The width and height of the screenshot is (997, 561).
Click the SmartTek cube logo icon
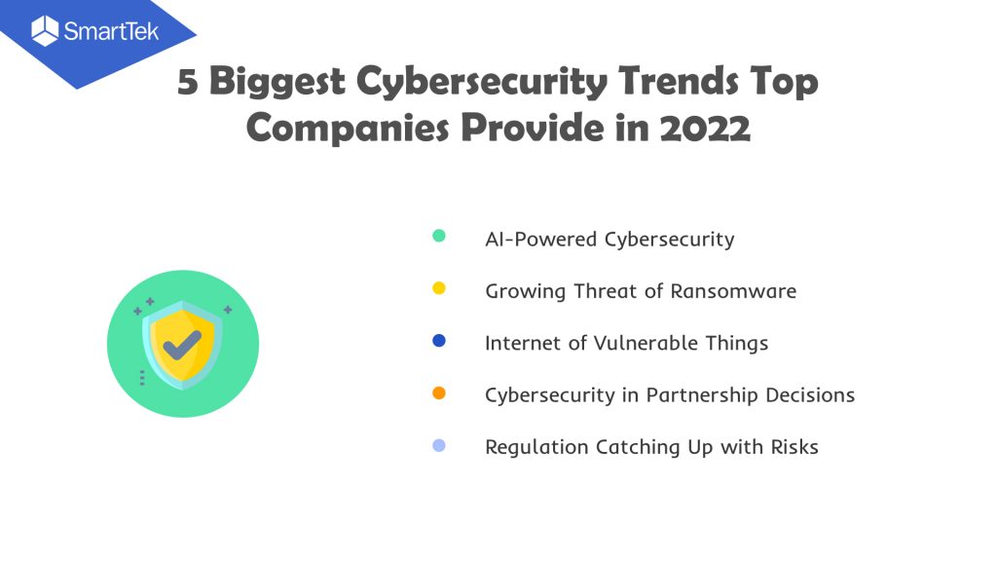[x=45, y=30]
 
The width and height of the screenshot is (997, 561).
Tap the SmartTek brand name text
[x=111, y=31]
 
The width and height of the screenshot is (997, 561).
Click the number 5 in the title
[x=188, y=83]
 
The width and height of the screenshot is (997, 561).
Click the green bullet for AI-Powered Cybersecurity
[x=439, y=236]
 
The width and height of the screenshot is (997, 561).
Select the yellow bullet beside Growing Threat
[x=439, y=288]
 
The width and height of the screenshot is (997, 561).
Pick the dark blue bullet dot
[x=439, y=340]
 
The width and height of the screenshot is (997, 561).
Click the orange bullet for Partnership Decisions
[x=439, y=393]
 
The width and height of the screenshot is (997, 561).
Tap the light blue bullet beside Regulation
[x=439, y=445]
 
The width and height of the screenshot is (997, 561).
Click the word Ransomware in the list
[x=733, y=291]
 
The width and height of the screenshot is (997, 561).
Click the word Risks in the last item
[x=794, y=447]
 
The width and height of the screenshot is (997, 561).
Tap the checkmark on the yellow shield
[x=182, y=345]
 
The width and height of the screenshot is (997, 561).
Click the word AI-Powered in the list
[x=541, y=240]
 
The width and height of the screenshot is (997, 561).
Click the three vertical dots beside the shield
[x=142, y=378]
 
